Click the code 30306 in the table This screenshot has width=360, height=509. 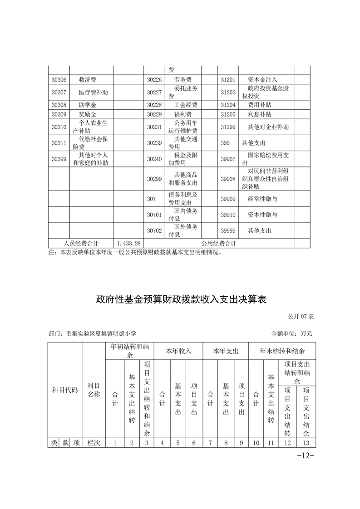point(59,79)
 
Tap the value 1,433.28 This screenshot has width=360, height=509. point(128,244)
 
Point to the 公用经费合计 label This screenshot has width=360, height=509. point(219,244)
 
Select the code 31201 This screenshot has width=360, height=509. point(228,79)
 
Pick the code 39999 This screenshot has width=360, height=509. point(228,230)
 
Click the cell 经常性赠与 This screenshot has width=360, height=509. point(262,199)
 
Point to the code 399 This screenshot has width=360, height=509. point(225,143)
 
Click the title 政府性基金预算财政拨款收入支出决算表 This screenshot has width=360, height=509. point(180,300)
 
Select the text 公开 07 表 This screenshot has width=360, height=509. point(301,316)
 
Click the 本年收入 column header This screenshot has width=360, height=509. point(178,351)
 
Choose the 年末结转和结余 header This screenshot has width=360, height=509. point(281,351)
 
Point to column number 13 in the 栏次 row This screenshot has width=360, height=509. point(306,443)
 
